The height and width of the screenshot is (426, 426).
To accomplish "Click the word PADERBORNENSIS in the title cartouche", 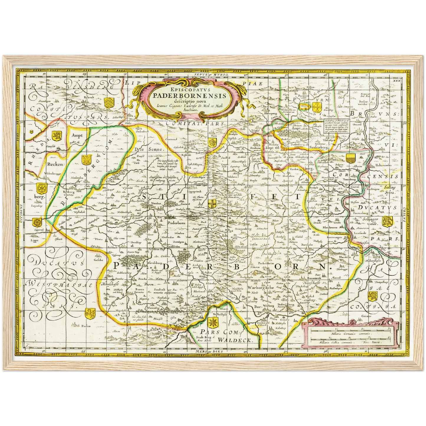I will click(x=189, y=96).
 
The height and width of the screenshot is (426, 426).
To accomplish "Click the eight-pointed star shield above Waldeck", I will click(x=213, y=323).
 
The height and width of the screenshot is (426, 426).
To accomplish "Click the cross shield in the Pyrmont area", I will click(x=303, y=106).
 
